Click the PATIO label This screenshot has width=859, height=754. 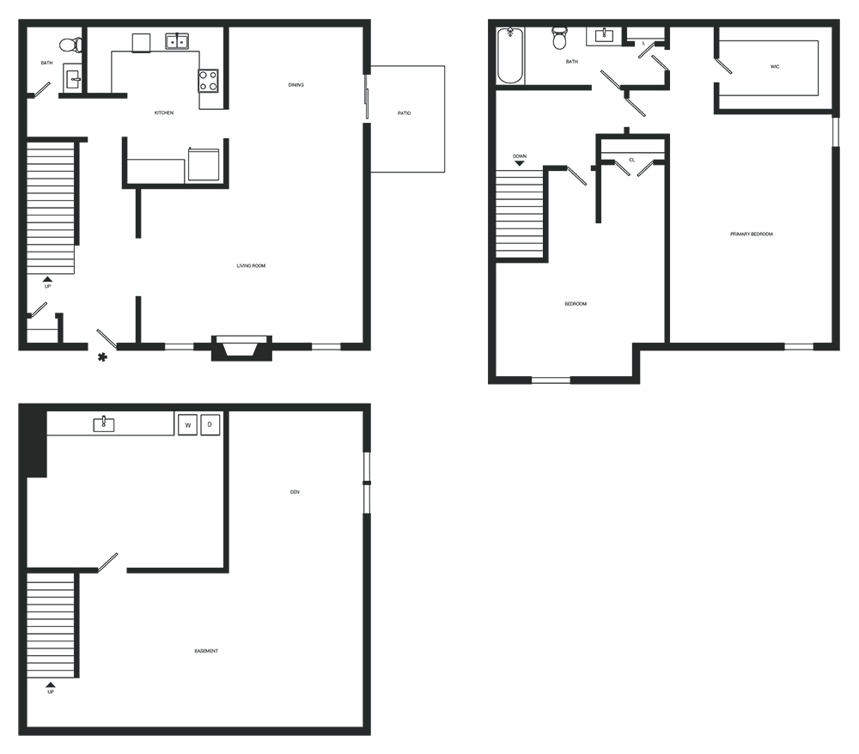tap(404, 113)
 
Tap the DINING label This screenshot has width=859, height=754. tap(295, 85)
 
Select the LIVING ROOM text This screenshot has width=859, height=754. tap(251, 266)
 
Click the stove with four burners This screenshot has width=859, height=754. tap(208, 80)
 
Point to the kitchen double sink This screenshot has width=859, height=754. tap(177, 41)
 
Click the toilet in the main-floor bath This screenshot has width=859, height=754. tap(70, 45)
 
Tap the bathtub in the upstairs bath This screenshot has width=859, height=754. tap(510, 56)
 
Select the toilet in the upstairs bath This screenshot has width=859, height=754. tap(559, 38)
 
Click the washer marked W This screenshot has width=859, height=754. tap(188, 425)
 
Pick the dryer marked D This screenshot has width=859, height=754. tap(210, 424)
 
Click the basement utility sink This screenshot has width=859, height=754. tap(104, 424)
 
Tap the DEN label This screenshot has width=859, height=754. tap(295, 492)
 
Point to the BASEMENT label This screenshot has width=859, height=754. tap(206, 651)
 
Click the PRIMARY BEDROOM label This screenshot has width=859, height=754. tap(752, 234)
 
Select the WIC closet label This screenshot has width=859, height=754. tap(775, 67)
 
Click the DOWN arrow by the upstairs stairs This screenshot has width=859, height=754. tap(520, 163)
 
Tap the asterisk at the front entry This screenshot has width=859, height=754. tap(102, 357)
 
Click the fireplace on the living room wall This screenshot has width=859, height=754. tap(241, 348)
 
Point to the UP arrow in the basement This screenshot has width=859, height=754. tap(51, 684)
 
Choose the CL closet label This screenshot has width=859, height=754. tap(631, 160)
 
